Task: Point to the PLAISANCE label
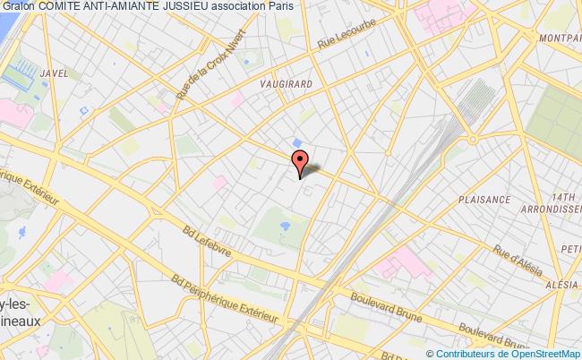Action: pyautogui.click(x=483, y=201)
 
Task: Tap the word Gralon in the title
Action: pyautogui.click(x=17, y=7)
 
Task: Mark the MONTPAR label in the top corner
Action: pyautogui.click(x=560, y=39)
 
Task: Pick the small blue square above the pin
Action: pyautogui.click(x=296, y=141)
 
